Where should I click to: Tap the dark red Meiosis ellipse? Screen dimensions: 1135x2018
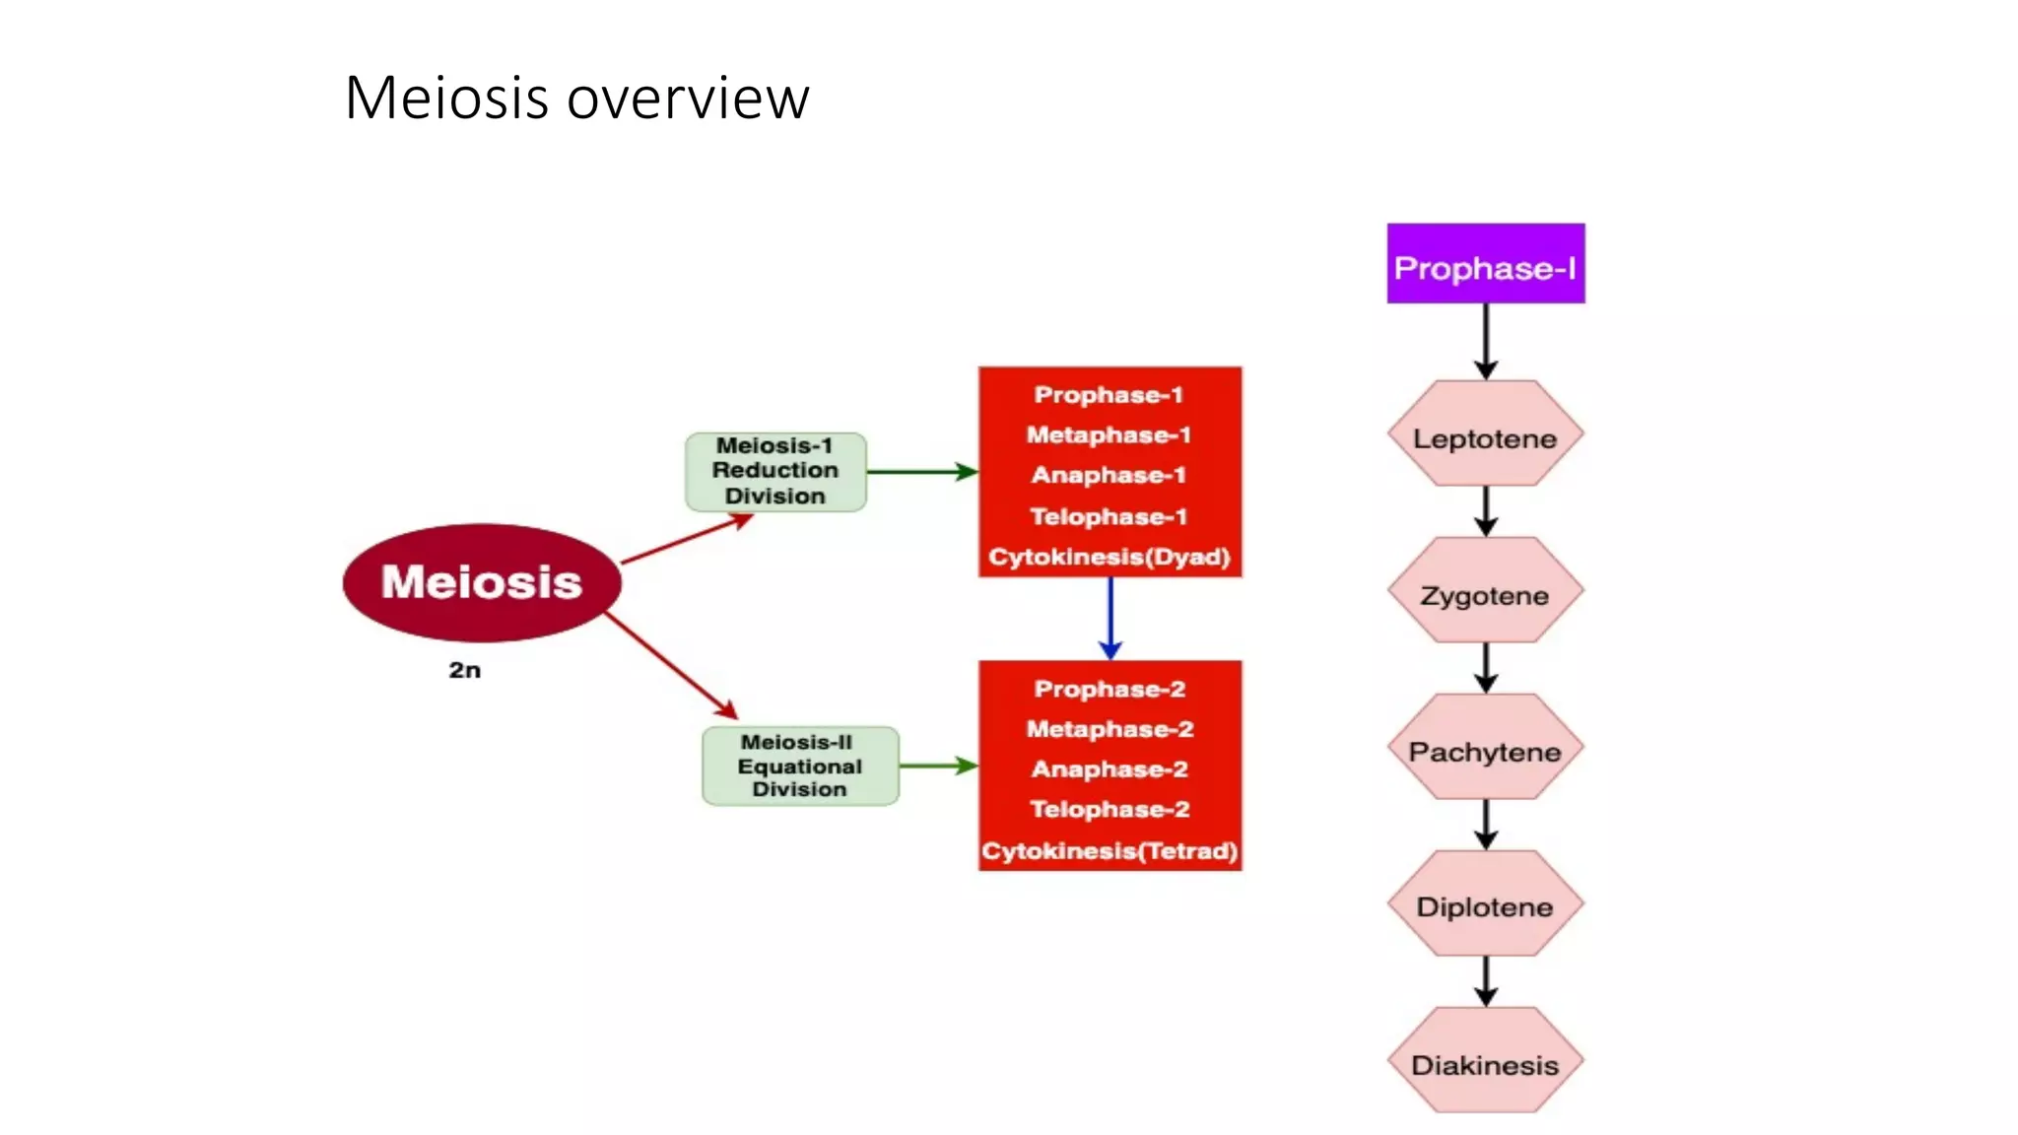click(482, 582)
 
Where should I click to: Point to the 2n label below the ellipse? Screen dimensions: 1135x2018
click(464, 670)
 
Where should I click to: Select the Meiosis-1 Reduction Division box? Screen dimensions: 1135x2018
click(775, 471)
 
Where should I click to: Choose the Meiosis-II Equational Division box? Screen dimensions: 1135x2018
click(799, 766)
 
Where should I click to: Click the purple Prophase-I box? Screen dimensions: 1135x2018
click(1485, 264)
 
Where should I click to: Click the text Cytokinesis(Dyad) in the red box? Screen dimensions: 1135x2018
click(1110, 557)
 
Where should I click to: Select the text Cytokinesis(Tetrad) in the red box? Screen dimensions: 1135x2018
click(1110, 850)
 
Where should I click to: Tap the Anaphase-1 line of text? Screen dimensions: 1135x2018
click(1109, 475)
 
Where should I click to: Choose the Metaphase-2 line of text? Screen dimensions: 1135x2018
click(1110, 729)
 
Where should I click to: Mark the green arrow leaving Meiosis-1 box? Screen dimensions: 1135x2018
click(921, 472)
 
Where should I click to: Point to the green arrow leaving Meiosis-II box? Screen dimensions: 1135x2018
click(937, 766)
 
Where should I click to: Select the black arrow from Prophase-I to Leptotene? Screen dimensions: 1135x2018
click(1486, 340)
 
